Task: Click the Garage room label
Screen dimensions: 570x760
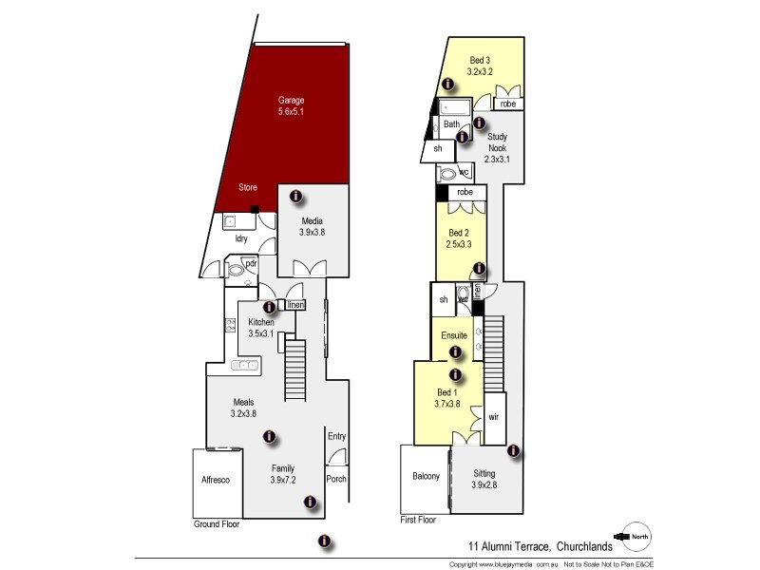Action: (x=291, y=105)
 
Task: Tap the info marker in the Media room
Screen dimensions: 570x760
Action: (x=295, y=197)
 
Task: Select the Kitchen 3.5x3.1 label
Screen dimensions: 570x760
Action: (x=260, y=328)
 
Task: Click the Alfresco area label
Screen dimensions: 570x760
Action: (x=216, y=481)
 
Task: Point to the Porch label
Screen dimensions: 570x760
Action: (x=336, y=479)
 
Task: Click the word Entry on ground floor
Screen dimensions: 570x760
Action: (x=336, y=436)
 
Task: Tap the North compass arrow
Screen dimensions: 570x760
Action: (x=635, y=538)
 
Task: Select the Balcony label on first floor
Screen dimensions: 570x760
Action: (x=425, y=477)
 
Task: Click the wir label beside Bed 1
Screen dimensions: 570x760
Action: (x=493, y=417)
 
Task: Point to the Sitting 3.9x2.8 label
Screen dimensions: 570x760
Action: (x=484, y=479)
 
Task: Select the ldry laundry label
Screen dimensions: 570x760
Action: (x=241, y=238)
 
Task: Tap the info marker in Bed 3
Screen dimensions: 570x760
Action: (x=447, y=85)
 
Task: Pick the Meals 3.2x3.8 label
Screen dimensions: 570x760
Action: (x=243, y=408)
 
